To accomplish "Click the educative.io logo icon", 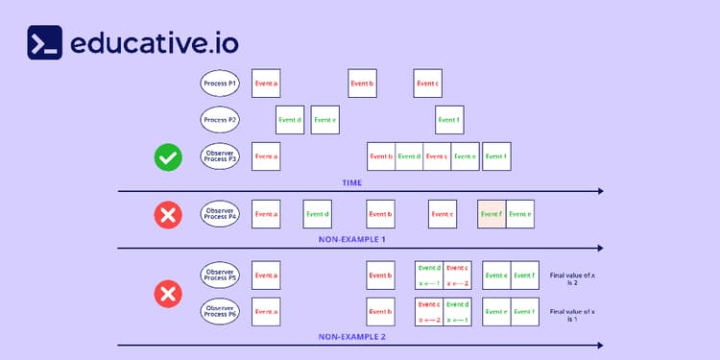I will (45, 43).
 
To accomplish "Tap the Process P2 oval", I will (220, 120).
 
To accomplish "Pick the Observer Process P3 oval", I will (220, 156).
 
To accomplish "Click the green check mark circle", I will (168, 157).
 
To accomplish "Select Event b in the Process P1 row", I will (362, 84).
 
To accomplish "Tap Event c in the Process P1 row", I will (427, 84).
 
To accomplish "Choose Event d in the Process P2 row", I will (290, 120).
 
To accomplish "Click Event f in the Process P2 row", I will (448, 120).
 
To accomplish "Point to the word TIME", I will (352, 181).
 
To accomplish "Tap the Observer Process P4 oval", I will (220, 214).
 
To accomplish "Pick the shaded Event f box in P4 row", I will (492, 214).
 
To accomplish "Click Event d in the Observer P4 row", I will (317, 214).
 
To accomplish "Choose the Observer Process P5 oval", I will (220, 276).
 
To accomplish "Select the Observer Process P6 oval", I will (220, 311).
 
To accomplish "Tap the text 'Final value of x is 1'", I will (573, 315).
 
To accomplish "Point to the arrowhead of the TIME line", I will (600, 191).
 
